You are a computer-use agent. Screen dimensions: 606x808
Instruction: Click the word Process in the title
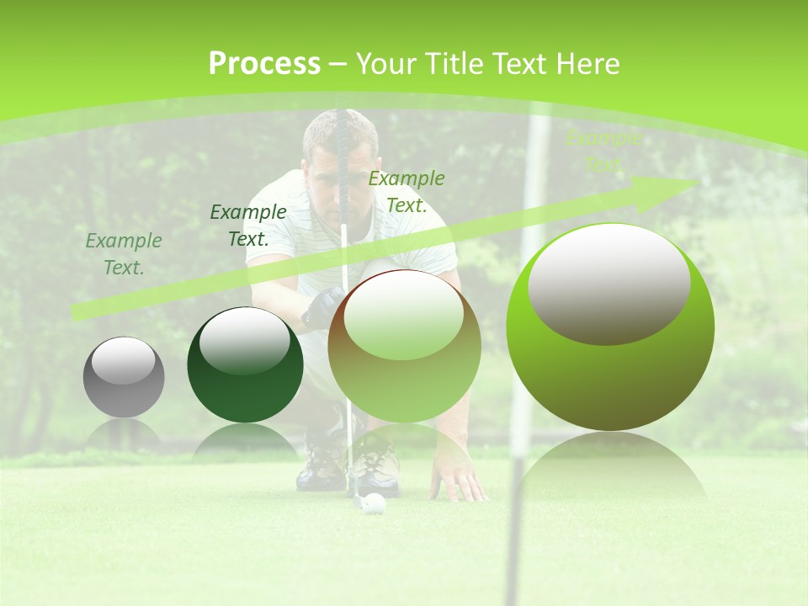pos(264,64)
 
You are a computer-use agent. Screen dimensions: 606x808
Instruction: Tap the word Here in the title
pos(587,64)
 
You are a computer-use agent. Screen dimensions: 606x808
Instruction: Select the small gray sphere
pos(124,377)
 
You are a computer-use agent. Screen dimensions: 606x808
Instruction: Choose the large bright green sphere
pos(610,327)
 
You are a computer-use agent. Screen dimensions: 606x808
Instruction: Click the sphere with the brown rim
pos(404,346)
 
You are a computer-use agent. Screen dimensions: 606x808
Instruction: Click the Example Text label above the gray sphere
pos(124,253)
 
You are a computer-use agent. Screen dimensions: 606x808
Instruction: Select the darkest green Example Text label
pos(248,225)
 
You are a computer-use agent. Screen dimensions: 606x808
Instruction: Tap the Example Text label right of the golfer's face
pos(407,191)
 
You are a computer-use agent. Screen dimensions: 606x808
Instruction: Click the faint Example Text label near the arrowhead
pos(603,151)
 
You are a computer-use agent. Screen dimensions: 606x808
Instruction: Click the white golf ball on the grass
pos(375,503)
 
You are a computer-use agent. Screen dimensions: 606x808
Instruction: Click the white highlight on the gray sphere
pos(123,361)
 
